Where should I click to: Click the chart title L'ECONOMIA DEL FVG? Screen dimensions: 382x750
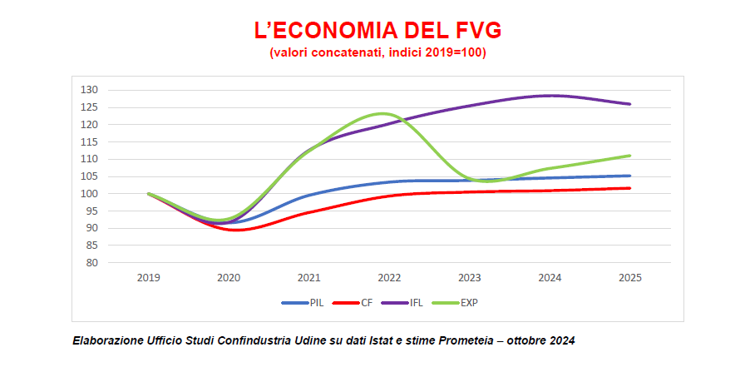(x=377, y=32)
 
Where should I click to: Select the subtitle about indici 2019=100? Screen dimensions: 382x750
(x=377, y=52)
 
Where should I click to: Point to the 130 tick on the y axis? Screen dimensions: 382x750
(x=90, y=90)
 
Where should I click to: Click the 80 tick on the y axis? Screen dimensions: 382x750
(x=92, y=263)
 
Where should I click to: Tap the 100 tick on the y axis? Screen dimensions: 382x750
(x=90, y=194)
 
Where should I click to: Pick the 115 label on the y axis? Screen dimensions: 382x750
(x=90, y=142)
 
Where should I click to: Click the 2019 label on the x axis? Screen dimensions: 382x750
(x=149, y=278)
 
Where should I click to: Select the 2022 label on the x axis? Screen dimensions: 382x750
(x=389, y=278)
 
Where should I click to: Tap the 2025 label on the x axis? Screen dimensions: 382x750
(x=629, y=278)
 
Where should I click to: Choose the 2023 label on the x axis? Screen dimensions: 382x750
(x=469, y=278)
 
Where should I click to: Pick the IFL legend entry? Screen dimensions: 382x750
(x=415, y=303)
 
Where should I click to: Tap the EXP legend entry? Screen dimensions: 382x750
(x=469, y=303)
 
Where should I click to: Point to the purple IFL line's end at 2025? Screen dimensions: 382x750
(x=629, y=104)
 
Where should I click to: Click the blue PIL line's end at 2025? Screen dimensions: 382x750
(x=629, y=176)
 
